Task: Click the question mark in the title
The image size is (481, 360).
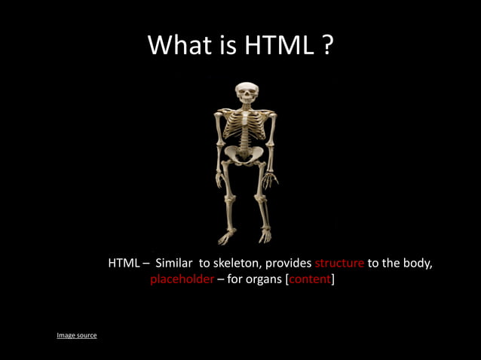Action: coord(328,45)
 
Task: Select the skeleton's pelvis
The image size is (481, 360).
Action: coord(243,154)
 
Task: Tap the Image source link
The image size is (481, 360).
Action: coord(77,335)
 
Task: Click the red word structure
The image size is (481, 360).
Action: coord(339,264)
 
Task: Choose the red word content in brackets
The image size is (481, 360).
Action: coord(309,280)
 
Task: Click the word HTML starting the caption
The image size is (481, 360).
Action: coord(124,264)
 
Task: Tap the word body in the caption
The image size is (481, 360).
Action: coord(416,264)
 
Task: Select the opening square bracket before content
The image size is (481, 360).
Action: coord(286,280)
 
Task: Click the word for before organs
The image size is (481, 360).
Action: coord(234,280)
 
